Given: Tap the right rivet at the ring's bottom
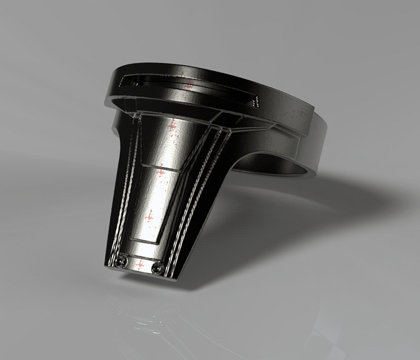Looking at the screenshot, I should (156, 269).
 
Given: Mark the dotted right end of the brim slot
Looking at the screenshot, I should (256, 101).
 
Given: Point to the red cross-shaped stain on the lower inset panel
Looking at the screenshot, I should (149, 216).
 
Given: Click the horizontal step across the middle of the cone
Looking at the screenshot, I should (157, 167).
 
